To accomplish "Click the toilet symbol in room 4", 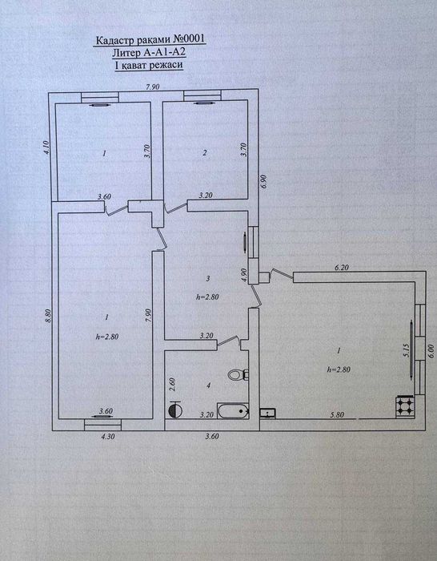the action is [237, 375].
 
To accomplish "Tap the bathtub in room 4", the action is [234, 411].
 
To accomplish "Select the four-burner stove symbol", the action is [404, 406].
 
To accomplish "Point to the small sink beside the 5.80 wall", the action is [268, 413].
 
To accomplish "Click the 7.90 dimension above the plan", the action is [150, 87].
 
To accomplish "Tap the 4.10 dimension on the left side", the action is [46, 147].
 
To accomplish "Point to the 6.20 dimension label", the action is [341, 267].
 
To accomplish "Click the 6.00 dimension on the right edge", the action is [431, 351].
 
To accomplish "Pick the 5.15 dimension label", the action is [406, 350].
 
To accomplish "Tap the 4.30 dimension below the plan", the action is [108, 437].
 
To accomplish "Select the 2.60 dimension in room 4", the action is [173, 385].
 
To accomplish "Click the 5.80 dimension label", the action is [336, 414].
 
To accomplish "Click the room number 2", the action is [204, 153].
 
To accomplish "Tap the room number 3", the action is [207, 278].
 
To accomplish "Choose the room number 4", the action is [208, 385].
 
